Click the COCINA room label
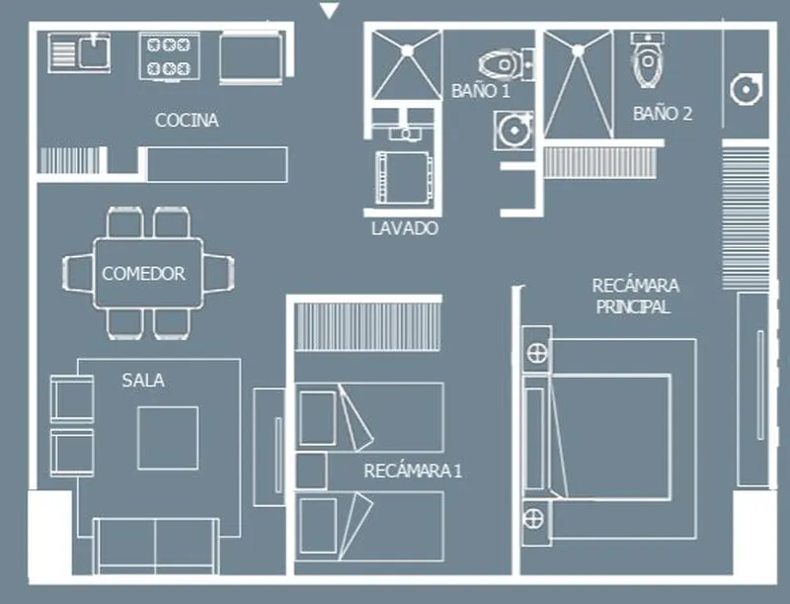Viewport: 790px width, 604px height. coord(187,120)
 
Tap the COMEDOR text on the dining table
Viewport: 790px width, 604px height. coord(143,273)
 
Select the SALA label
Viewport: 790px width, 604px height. coord(143,381)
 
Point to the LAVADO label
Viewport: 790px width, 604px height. coord(405,228)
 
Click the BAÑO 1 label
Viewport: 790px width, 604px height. coord(481,91)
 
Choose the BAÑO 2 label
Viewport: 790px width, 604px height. coord(663,114)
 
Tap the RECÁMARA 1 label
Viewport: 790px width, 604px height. coord(413,471)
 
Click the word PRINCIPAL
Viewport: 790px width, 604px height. coord(633,306)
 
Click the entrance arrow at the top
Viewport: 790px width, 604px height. coord(330,10)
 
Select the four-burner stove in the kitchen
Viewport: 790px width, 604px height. coord(169,56)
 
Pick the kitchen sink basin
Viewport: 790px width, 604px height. coord(93,51)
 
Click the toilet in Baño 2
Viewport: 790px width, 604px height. coord(648,59)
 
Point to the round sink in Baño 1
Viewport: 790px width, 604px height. coord(514,130)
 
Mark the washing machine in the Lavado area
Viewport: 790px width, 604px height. coord(404,178)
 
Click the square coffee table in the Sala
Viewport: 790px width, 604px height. coord(168,438)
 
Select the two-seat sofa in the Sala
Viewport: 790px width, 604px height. coord(156,546)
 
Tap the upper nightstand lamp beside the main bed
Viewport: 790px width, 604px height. coord(537,353)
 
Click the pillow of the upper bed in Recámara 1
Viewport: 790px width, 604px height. coord(318,418)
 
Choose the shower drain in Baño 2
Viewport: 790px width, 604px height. coord(578,50)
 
